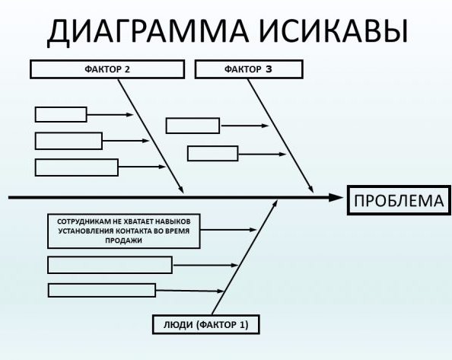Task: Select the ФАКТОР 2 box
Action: (x=107, y=70)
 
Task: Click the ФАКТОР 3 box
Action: (x=249, y=70)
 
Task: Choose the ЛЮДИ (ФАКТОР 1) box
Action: (x=205, y=323)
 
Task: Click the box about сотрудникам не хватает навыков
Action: (x=124, y=229)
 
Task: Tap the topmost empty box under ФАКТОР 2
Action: (x=61, y=115)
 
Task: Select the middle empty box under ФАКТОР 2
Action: (x=68, y=141)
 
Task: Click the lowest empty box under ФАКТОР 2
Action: (x=77, y=167)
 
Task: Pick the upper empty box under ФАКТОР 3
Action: (x=193, y=126)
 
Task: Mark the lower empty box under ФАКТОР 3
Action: (x=212, y=153)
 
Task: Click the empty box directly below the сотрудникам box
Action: (x=110, y=265)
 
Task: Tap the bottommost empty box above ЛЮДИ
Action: (x=102, y=290)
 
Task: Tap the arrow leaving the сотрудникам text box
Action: (x=228, y=229)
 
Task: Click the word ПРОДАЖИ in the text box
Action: (x=125, y=240)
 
